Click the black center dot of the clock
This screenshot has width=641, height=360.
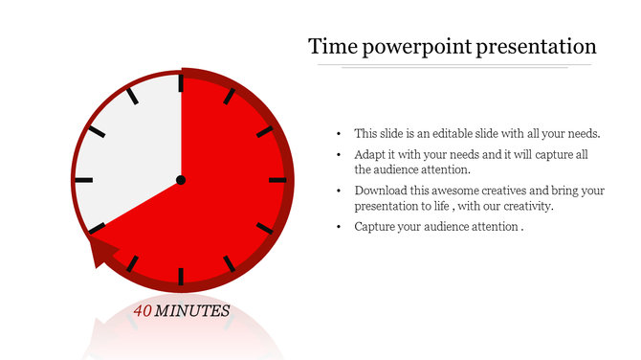(x=180, y=180)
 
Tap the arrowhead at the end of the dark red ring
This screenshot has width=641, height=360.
(x=101, y=253)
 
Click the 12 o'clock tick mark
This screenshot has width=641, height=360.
(x=180, y=82)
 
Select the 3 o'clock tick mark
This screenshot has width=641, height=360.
(x=277, y=180)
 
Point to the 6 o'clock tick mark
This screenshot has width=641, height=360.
(x=180, y=277)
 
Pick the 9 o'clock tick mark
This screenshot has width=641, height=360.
(x=83, y=180)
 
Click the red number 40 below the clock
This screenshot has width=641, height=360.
(x=143, y=311)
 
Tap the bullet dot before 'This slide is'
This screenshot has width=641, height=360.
(x=341, y=134)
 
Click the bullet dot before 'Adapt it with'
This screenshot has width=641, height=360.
(x=341, y=154)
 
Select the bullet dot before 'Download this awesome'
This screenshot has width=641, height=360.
(x=341, y=191)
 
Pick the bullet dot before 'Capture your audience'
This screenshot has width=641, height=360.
(x=341, y=227)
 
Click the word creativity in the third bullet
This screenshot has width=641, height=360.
(x=525, y=206)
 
